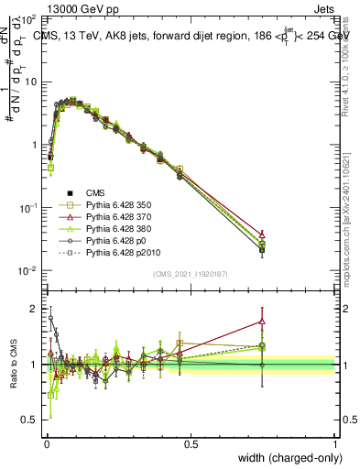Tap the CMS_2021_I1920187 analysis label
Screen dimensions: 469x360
190,274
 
